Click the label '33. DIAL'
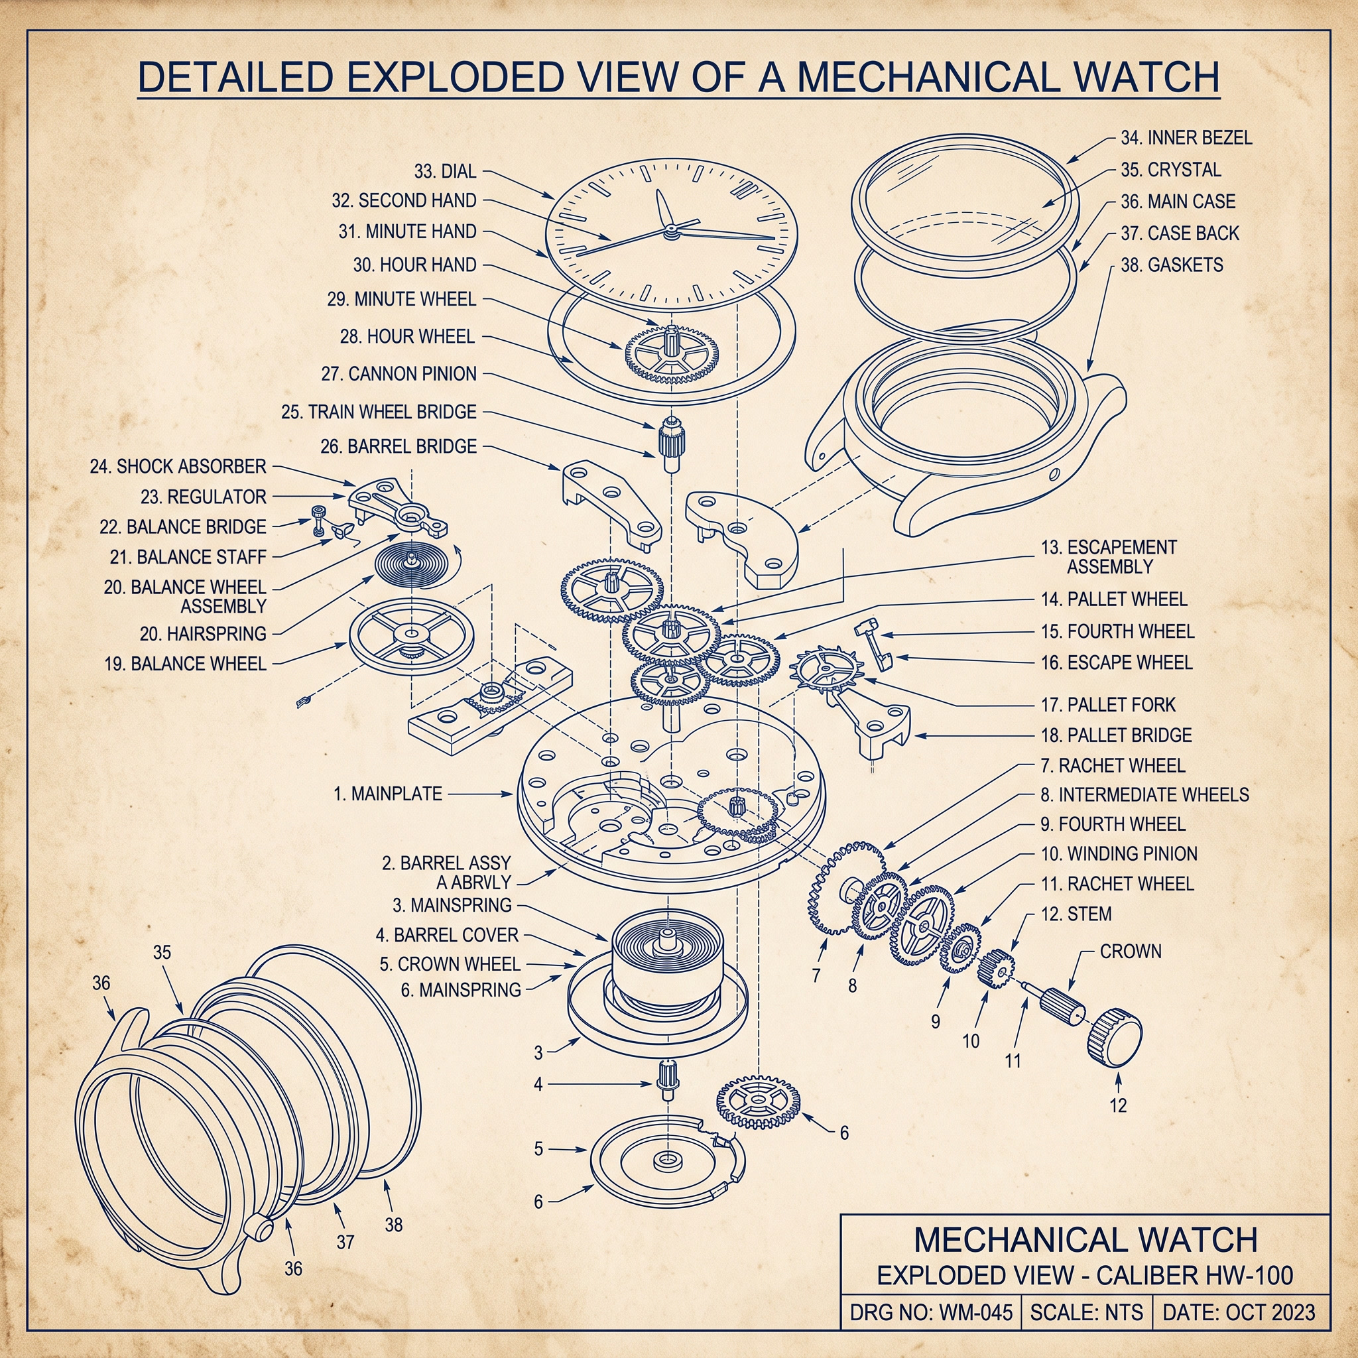(445, 171)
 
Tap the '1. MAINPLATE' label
(388, 794)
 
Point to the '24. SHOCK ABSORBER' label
(178, 466)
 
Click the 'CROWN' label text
(1131, 951)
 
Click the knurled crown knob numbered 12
(1115, 1038)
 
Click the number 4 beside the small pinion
(538, 1085)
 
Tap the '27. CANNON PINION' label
(399, 373)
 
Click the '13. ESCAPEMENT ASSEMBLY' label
(1109, 557)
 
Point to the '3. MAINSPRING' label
(452, 904)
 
